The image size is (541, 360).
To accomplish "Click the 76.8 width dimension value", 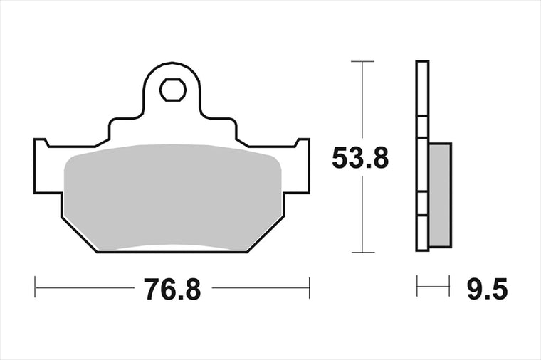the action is [172, 290].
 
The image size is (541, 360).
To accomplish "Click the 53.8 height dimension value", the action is [360, 158].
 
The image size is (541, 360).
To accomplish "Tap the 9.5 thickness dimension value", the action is [487, 289].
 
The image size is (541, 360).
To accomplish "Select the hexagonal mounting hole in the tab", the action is [172, 90].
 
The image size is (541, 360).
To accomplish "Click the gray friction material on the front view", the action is [172, 196].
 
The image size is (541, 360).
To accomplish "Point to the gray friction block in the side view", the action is [440, 195].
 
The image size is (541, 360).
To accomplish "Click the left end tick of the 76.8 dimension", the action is [35, 287].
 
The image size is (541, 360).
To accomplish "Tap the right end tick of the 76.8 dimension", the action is [310, 287].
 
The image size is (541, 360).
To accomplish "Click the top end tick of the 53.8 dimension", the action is [362, 61].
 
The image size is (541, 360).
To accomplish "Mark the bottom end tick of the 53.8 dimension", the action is [362, 252].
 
